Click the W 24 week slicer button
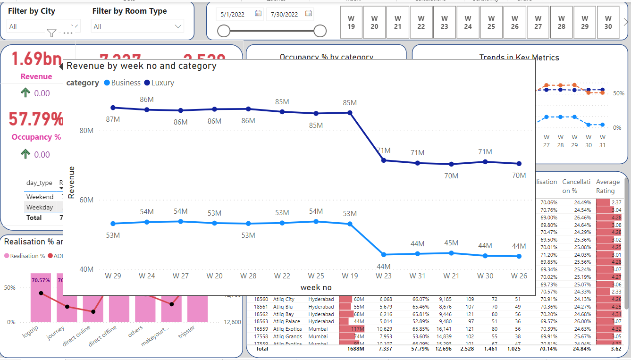tap(468, 22)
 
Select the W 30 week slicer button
tap(608, 22)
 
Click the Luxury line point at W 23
tap(384, 160)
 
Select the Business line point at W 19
tap(350, 224)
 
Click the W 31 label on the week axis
tap(417, 276)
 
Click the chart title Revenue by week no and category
tap(141, 66)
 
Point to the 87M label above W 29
tap(113, 119)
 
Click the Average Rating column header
tap(607, 186)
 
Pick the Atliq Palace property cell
tap(286, 321)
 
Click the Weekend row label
tap(40, 197)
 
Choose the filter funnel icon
tap(52, 33)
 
